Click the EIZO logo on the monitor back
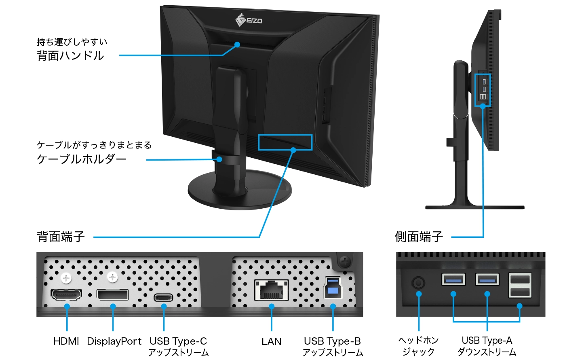pos(249,19)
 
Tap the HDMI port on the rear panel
pos(66,295)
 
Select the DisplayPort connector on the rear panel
pos(112,295)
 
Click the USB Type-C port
pos(163,298)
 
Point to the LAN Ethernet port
pos(271,290)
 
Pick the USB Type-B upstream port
pos(333,288)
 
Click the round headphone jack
pos(418,282)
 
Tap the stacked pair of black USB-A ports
pos(520,285)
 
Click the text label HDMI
pos(66,341)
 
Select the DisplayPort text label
pos(114,341)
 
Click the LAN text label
pos(271,342)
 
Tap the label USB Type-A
pos(487,341)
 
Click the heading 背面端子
pos(61,237)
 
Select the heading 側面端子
pos(419,237)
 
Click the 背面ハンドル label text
pos(70,56)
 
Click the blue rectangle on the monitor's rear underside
pos(285,142)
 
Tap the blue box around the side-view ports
pos(483,90)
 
